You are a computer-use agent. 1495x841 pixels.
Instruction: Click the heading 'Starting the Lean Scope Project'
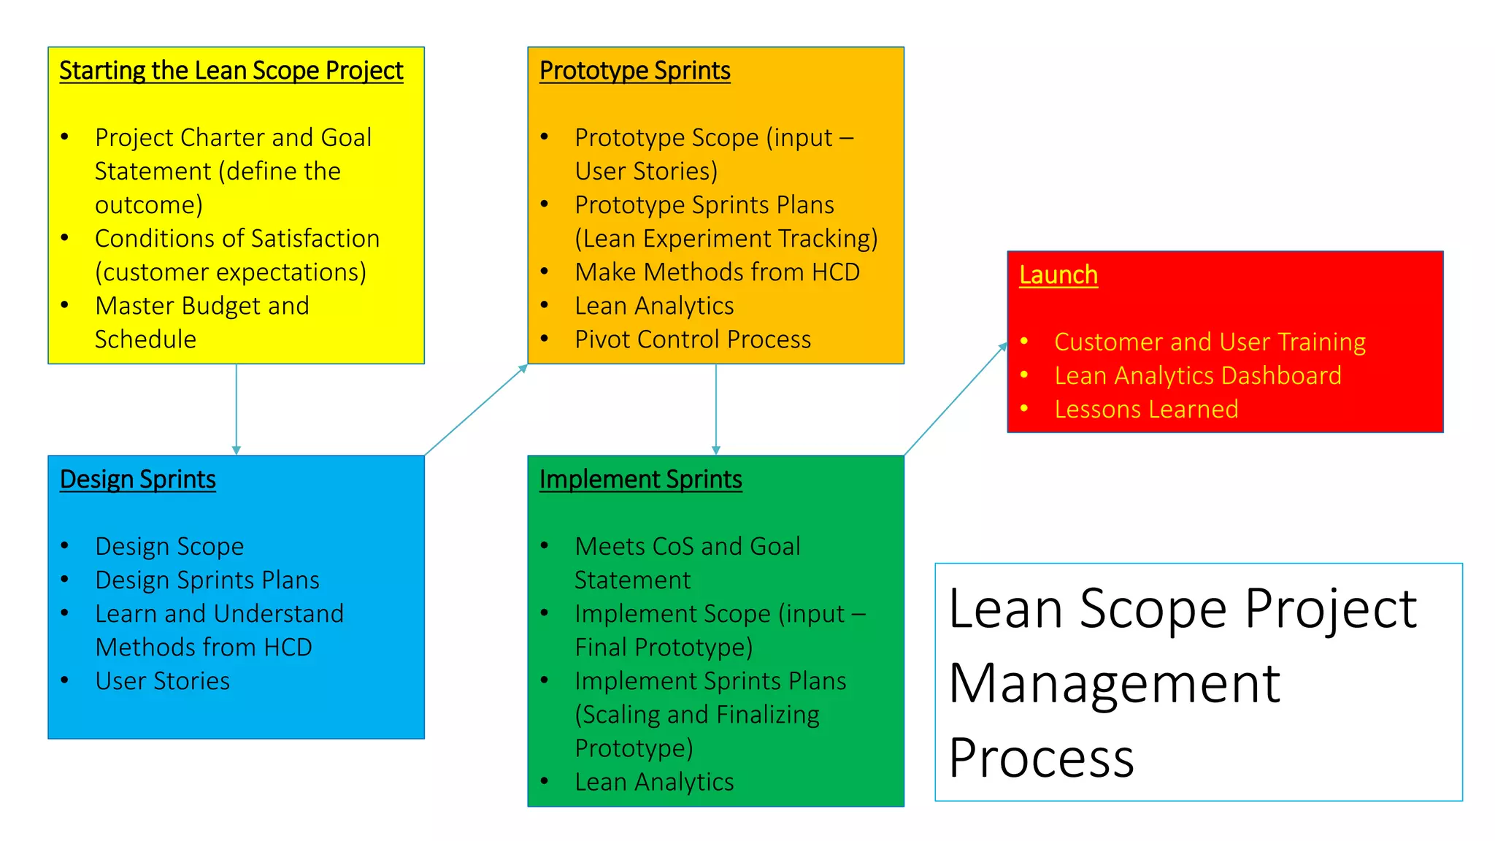pos(231,71)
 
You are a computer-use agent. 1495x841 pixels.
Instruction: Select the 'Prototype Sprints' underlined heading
pos(634,71)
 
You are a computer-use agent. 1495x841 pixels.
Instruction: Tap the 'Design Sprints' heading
pos(137,480)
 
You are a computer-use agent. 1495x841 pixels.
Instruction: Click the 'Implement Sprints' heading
pos(640,480)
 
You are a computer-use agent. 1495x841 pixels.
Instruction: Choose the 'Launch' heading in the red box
pos(1058,275)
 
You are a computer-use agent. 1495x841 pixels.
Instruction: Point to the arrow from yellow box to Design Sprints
pos(236,409)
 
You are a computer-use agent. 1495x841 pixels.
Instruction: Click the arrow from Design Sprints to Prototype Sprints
pos(475,410)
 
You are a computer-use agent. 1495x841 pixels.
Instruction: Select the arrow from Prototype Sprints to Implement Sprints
pos(715,409)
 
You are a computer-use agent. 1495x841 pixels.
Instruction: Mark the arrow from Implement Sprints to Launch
pos(955,399)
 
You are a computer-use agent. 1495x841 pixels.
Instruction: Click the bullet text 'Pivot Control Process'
pos(692,339)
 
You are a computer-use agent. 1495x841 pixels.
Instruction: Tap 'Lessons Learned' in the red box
pos(1145,410)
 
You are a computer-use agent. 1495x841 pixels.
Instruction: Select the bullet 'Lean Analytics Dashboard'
pos(1197,376)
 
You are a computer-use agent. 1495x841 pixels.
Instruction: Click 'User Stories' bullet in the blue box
pos(162,681)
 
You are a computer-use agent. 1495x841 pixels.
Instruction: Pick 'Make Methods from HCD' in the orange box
pos(717,272)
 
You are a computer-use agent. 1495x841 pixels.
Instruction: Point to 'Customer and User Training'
pos(1210,342)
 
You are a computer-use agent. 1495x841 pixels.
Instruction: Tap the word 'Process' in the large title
pos(1041,758)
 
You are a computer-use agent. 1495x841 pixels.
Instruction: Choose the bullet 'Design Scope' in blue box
pos(169,547)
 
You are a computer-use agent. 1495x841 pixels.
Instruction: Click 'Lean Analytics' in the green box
pos(653,782)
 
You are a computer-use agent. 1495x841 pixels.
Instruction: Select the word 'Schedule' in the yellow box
pos(145,339)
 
